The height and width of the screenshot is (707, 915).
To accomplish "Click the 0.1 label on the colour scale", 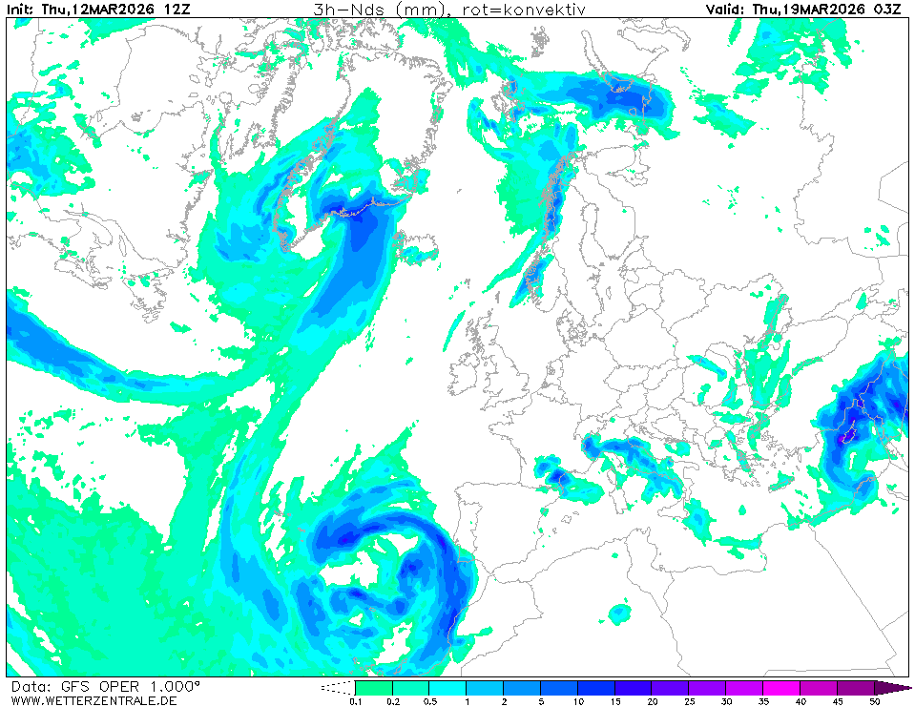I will click(355, 701).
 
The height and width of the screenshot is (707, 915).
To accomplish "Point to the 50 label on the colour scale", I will click(875, 701).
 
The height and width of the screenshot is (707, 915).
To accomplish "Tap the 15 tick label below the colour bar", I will click(615, 701).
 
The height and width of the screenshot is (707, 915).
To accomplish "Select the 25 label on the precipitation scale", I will click(690, 701).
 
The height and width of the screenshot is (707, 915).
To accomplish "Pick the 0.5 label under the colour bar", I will click(429, 701).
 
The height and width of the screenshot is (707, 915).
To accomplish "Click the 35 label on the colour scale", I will click(764, 701).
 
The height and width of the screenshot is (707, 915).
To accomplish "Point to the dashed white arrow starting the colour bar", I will click(337, 687).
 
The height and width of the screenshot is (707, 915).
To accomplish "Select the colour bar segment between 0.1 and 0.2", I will click(374, 687).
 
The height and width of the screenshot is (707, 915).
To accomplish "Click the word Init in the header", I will click(20, 10).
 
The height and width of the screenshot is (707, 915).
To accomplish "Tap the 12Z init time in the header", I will click(177, 10).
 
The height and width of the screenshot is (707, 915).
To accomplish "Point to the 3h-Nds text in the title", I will click(344, 10).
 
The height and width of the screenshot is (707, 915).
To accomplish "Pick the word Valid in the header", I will click(726, 10).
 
